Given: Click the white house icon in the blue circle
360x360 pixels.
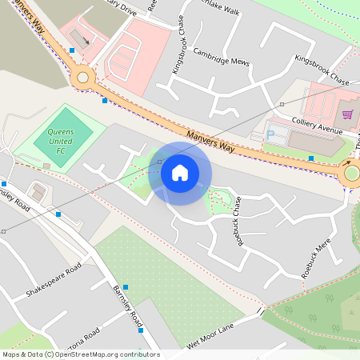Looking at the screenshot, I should tap(180, 173).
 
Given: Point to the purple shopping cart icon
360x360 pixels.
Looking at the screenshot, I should tap(347, 114).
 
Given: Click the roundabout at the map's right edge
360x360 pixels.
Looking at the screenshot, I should tap(350, 173).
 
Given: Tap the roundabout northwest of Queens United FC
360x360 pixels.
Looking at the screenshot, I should tap(82, 78).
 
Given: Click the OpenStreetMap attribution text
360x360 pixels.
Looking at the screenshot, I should tap(81, 354).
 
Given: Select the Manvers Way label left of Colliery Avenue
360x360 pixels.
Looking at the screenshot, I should tap(211, 142).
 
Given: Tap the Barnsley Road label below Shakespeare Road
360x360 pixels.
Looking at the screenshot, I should tap(128, 303).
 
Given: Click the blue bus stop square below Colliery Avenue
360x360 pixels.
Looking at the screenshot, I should tap(311, 158).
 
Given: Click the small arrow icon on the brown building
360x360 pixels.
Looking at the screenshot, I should tap(86, 39).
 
